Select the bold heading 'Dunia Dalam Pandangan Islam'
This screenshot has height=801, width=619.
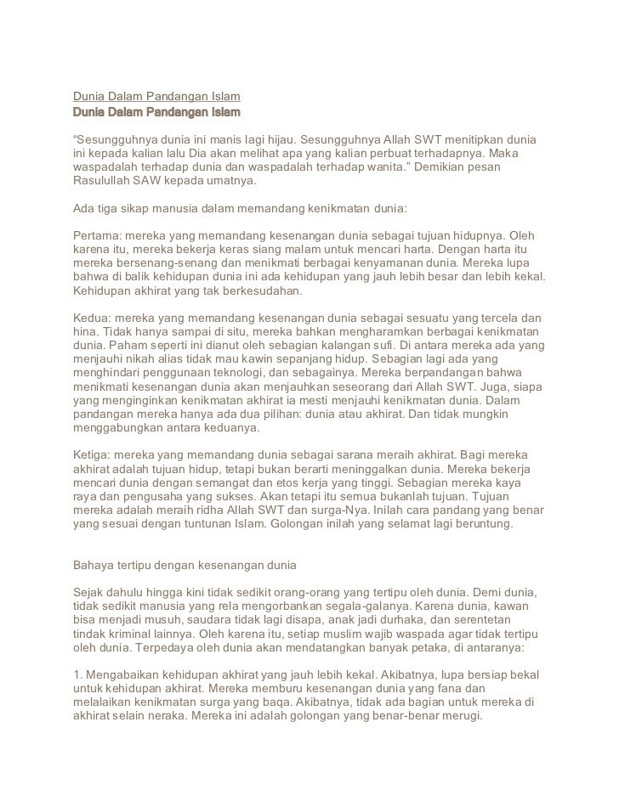156,112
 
